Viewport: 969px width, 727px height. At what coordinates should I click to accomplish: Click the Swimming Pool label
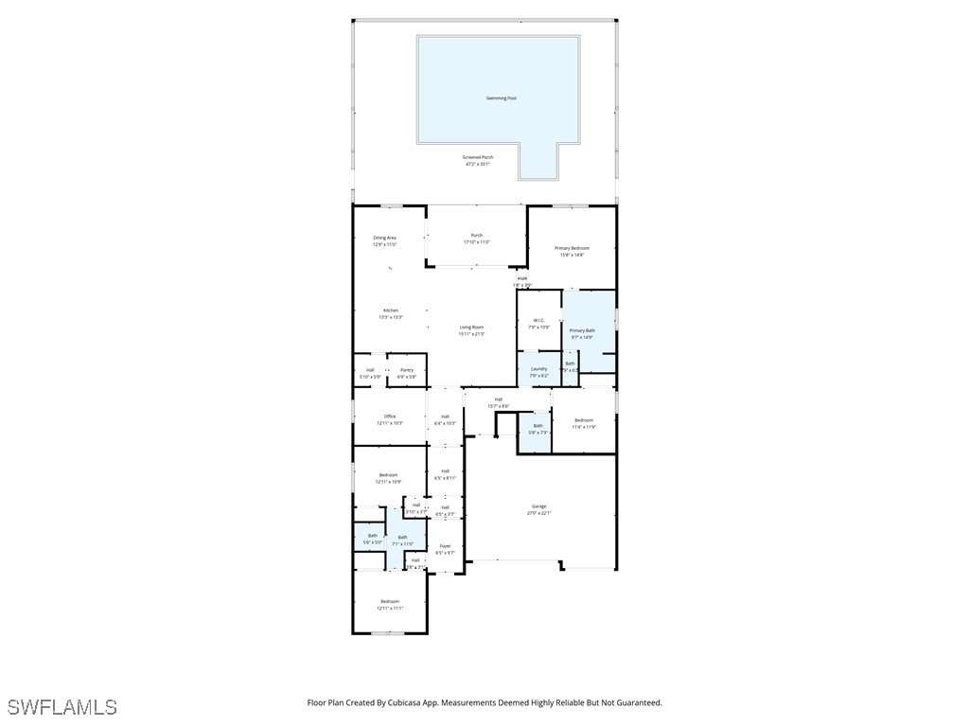pos(501,98)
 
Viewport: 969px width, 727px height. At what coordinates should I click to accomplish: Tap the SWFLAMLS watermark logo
pos(62,707)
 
